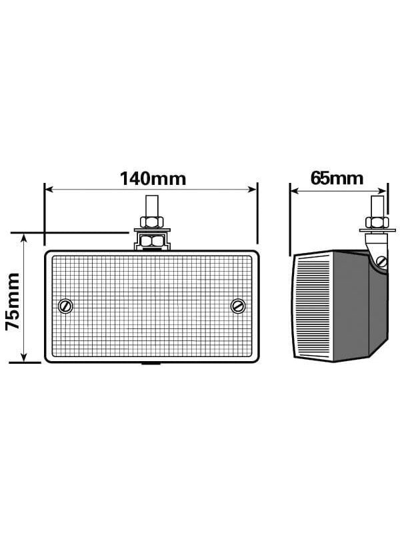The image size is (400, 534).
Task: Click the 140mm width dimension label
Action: (153, 179)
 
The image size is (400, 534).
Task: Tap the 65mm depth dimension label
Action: (337, 178)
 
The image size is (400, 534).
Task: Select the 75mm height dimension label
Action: (13, 302)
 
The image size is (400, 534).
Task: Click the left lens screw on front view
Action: (65, 306)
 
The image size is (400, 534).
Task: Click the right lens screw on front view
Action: (238, 306)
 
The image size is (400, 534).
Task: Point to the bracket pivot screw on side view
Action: (382, 262)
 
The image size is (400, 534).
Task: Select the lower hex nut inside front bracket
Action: (152, 242)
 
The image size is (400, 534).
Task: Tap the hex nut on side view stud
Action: (377, 222)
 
